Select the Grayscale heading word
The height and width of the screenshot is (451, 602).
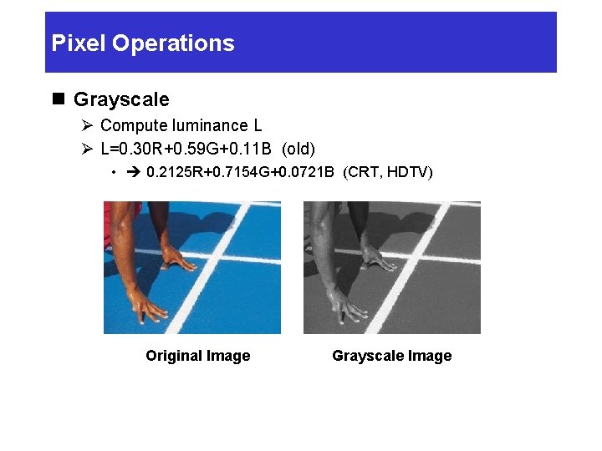click(121, 99)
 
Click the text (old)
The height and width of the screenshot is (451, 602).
click(298, 149)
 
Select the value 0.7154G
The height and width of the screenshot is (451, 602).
click(239, 173)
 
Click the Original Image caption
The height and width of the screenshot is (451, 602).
click(197, 356)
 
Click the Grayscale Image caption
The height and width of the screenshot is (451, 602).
click(391, 356)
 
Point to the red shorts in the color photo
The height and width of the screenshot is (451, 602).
click(110, 221)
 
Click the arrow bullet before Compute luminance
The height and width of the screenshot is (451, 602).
click(88, 125)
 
